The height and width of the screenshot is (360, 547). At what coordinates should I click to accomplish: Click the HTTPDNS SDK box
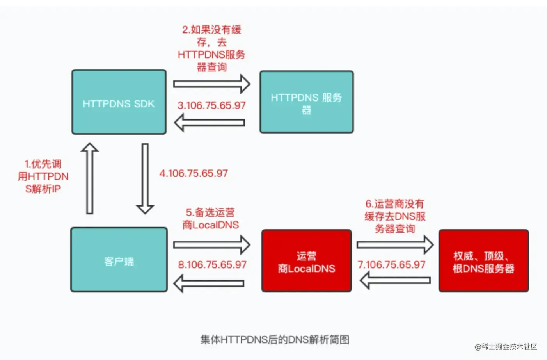[x=119, y=102]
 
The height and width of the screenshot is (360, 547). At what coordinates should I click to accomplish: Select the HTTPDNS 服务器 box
[x=306, y=102]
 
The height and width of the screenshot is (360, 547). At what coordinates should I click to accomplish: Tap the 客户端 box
[x=119, y=260]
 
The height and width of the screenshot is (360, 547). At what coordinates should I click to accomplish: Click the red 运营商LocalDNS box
[x=306, y=261]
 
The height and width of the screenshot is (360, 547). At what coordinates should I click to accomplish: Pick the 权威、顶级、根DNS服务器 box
[x=483, y=261]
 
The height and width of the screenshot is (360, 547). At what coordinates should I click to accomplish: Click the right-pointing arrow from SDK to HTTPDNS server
[x=211, y=84]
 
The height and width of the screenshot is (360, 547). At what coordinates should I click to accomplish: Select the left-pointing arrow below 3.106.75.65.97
[x=210, y=122]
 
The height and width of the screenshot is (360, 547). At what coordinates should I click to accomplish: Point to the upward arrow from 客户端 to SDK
[x=89, y=178]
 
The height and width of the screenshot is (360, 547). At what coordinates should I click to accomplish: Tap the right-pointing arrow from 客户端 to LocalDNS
[x=211, y=245]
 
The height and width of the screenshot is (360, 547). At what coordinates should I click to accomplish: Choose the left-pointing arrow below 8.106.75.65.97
[x=210, y=283]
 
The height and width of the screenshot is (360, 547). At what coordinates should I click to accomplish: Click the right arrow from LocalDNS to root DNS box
[x=395, y=245]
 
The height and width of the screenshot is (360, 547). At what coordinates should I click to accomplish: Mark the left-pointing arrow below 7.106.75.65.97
[x=395, y=280]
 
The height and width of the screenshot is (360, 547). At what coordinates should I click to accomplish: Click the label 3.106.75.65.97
[x=211, y=105]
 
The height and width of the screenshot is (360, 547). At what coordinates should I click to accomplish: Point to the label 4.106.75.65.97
[x=194, y=173]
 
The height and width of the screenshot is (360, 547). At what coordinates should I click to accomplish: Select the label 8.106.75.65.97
[x=212, y=265]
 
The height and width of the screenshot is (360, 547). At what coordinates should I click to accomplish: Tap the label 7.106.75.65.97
[x=391, y=265]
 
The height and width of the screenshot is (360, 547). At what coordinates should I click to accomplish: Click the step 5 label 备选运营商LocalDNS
[x=211, y=219]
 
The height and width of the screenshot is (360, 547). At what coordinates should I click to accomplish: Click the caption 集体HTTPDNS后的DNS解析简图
[x=275, y=340]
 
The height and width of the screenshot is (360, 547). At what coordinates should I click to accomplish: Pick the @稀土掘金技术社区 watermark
[x=506, y=347]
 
